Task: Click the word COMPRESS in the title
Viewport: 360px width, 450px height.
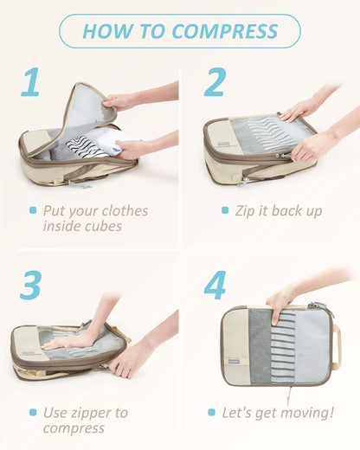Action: pos(225,31)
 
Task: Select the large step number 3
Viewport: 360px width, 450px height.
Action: pos(31,286)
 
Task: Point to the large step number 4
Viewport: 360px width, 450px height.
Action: pos(215,286)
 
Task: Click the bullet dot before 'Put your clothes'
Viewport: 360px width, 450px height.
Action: pos(33,210)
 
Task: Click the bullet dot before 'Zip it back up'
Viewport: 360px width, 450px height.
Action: pos(225,210)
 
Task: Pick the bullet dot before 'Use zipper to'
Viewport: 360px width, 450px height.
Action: pos(33,413)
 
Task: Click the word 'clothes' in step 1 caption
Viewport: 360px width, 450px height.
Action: pos(120,211)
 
